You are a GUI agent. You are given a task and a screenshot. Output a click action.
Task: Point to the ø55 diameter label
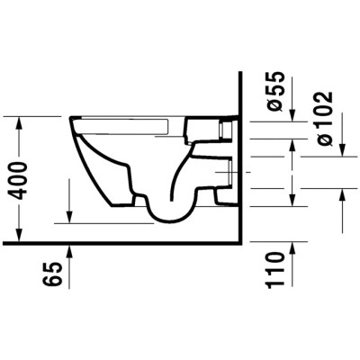pos(276,94)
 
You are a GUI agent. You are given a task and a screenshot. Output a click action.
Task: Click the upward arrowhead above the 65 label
pos(68,249)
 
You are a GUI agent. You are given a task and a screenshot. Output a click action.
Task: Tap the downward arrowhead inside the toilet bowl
pos(69,215)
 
